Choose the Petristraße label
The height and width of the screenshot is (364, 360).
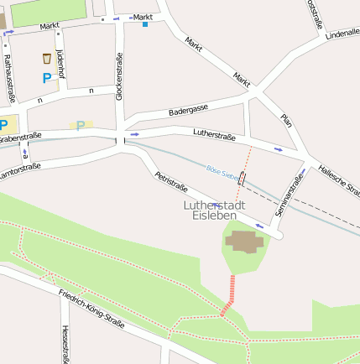pyautogui.click(x=170, y=188)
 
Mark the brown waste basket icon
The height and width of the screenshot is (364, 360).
pyautogui.click(x=46, y=59)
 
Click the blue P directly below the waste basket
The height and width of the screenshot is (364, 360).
pyautogui.click(x=46, y=78)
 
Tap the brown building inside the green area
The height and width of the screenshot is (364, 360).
pyautogui.click(x=243, y=242)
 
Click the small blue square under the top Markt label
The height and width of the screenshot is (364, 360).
pyautogui.click(x=145, y=24)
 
